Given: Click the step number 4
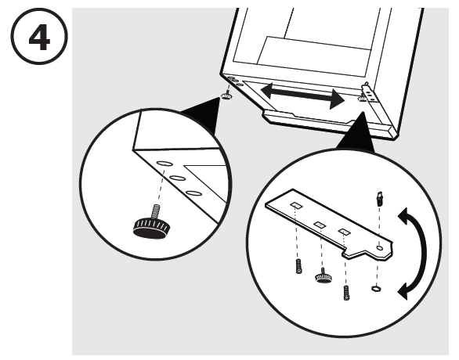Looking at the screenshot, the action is pos(39,38).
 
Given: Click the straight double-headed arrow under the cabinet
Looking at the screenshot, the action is pos(302,96).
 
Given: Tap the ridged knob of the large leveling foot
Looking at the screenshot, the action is pos(151,227).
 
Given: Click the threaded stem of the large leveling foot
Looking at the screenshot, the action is pos(155,211).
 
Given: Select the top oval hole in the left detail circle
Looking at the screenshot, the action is pos(165,164).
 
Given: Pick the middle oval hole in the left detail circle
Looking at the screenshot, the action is pos(178,178).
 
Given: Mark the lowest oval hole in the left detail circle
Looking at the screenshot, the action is pos(193,193).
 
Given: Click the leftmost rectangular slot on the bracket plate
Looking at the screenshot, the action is pos(296,205).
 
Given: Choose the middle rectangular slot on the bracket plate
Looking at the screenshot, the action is pos(320,225).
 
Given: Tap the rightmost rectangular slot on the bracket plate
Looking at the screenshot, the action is pos(345,231).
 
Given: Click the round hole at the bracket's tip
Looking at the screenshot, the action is pos(380,248).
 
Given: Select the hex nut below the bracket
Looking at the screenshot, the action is pos(375,289).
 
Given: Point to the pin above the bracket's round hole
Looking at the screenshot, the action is pos(379,199).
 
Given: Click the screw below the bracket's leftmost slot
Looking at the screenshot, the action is pos(298,266).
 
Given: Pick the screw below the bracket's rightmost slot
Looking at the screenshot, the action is pos(347,293).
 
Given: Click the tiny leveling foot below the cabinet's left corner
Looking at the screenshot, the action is pos(226,95).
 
